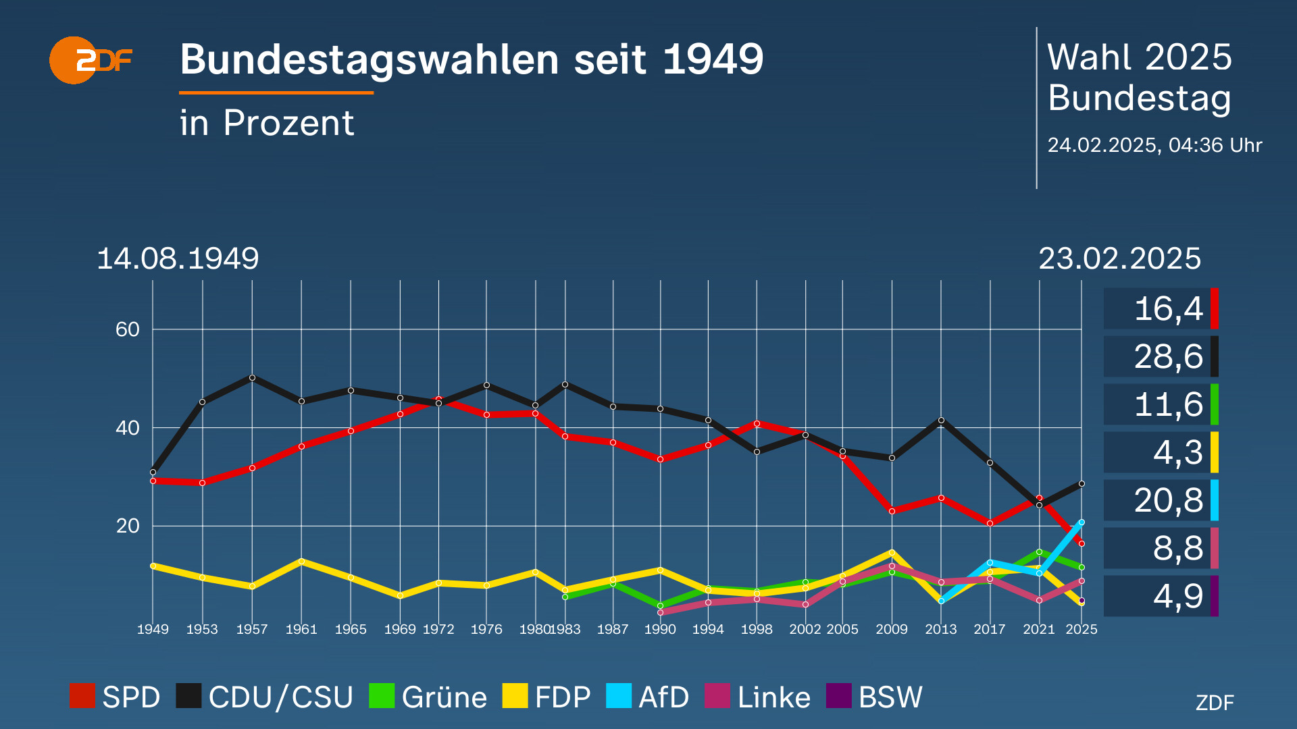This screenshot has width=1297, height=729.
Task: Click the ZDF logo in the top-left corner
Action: pyautogui.click(x=90, y=61)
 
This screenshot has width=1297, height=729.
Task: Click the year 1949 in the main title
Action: pyautogui.click(x=713, y=59)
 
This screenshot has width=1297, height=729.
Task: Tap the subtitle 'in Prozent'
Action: pyautogui.click(x=267, y=123)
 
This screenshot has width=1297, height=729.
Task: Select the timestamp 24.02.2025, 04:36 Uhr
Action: pyautogui.click(x=1154, y=145)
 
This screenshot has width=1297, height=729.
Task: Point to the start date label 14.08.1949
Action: pyautogui.click(x=178, y=259)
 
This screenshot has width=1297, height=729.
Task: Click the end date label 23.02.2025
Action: pyautogui.click(x=1119, y=259)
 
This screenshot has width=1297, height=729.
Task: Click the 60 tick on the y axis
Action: pyautogui.click(x=127, y=329)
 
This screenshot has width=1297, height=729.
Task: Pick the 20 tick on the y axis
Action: pyautogui.click(x=127, y=526)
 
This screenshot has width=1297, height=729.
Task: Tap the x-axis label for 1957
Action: pyautogui.click(x=251, y=629)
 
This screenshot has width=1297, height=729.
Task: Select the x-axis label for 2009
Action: pyautogui.click(x=891, y=629)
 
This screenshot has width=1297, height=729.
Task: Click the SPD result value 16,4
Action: pyautogui.click(x=1168, y=309)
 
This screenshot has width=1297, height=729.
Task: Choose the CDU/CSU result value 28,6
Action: pyautogui.click(x=1168, y=356)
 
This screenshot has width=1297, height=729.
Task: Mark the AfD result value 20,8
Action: pyautogui.click(x=1168, y=500)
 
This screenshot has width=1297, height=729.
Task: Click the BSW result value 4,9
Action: pyautogui.click(x=1177, y=596)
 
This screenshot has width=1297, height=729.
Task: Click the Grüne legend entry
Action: pyautogui.click(x=428, y=697)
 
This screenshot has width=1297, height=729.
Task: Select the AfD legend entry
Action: pyautogui.click(x=647, y=697)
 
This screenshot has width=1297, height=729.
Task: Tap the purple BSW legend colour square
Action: pyautogui.click(x=838, y=696)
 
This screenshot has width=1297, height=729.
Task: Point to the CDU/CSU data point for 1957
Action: pyautogui.click(x=252, y=377)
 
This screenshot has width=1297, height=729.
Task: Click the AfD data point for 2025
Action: pyautogui.click(x=1082, y=522)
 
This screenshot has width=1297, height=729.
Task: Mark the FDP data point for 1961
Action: pyautogui.click(x=301, y=561)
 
